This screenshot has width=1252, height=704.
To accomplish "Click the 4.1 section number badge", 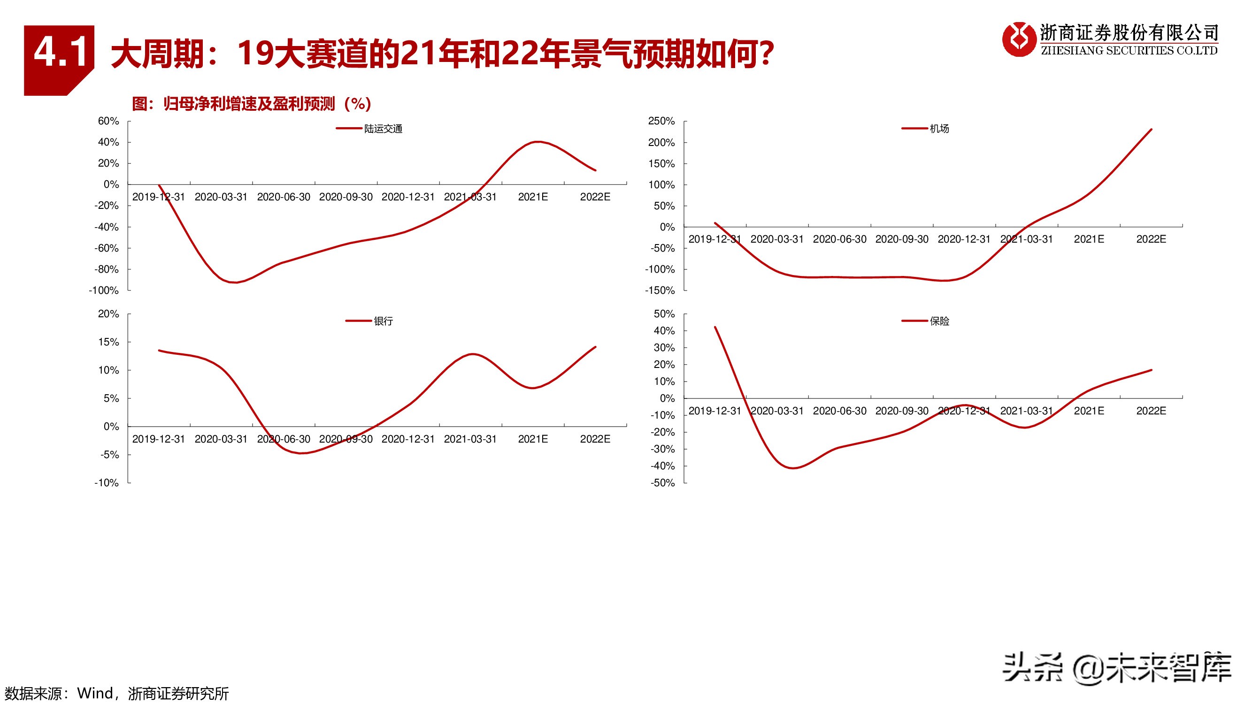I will click(59, 54).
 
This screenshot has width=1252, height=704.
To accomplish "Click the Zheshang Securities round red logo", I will click(1019, 39).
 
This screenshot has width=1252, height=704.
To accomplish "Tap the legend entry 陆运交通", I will click(383, 129).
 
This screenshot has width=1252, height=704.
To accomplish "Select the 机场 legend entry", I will click(939, 129).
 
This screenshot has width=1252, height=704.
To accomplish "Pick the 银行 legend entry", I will click(383, 321).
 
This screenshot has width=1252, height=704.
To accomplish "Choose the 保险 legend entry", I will click(939, 321).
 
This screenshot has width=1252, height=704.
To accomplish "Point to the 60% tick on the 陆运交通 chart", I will click(108, 121).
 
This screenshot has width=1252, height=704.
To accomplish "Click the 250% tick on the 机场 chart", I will click(661, 121).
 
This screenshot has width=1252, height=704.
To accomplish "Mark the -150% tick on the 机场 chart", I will click(660, 291).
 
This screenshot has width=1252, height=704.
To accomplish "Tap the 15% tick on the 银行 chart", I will click(108, 342).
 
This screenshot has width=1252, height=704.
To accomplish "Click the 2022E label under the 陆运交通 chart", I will click(595, 197).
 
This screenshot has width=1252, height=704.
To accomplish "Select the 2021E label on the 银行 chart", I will click(533, 439).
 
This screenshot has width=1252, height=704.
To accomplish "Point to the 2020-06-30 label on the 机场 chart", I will click(839, 239).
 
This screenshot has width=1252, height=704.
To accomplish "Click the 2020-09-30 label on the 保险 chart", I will click(902, 411).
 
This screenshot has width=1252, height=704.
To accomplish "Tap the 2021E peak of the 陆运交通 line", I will click(537, 142).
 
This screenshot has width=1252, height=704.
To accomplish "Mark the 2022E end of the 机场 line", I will click(1151, 130).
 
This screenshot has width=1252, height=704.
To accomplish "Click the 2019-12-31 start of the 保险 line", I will click(715, 327).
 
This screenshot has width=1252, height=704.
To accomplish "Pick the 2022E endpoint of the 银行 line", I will click(595, 347).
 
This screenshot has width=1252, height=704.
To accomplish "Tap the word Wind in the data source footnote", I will click(95, 693).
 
